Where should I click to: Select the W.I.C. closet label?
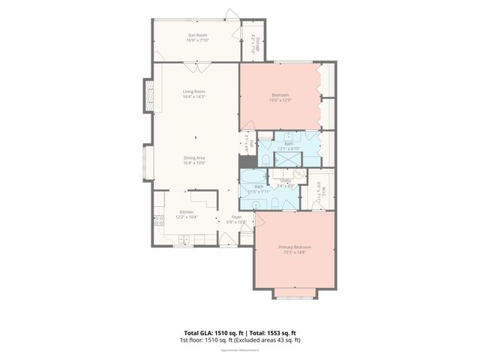(319, 190)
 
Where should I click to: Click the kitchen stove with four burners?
(158, 220)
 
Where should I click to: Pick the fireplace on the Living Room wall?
(148, 96)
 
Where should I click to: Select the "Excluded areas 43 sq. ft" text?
(268, 340)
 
